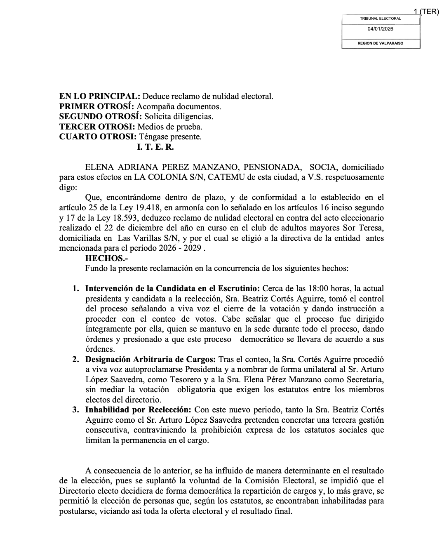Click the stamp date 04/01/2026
380,29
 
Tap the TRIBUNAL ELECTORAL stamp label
380,19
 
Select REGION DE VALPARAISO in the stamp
380,43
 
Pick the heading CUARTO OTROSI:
98,136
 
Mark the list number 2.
76,359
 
